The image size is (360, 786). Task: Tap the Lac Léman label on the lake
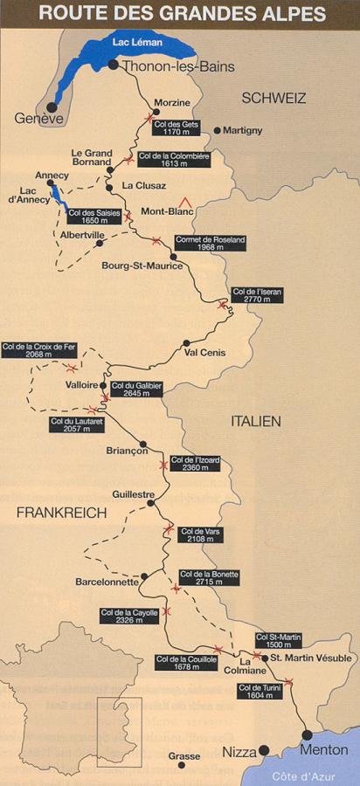133,40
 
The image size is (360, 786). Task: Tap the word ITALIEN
254,421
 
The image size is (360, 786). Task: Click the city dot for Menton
307,734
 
